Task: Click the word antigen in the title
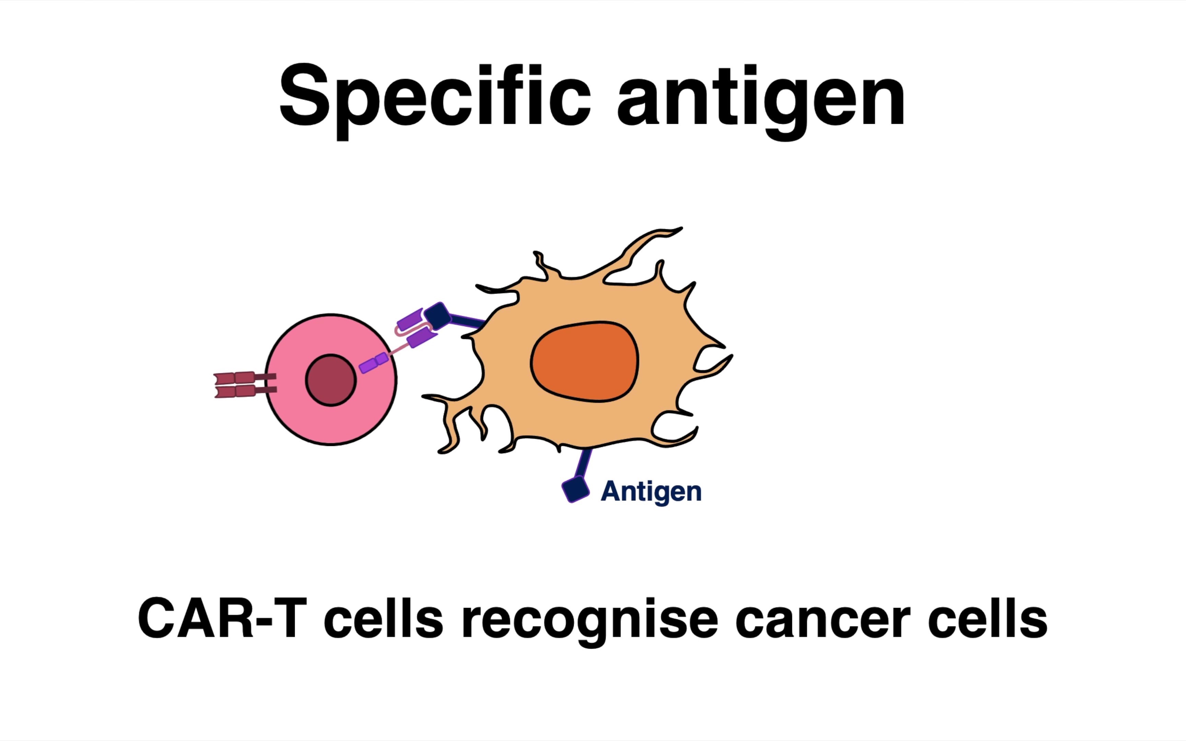pos(760,101)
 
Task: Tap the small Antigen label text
pos(651,492)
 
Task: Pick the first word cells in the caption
pos(383,619)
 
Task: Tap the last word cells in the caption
pos(988,619)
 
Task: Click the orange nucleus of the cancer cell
pos(584,362)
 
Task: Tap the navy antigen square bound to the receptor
pos(437,316)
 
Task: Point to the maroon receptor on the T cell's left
pos(245,385)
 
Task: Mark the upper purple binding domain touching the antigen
pos(410,319)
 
